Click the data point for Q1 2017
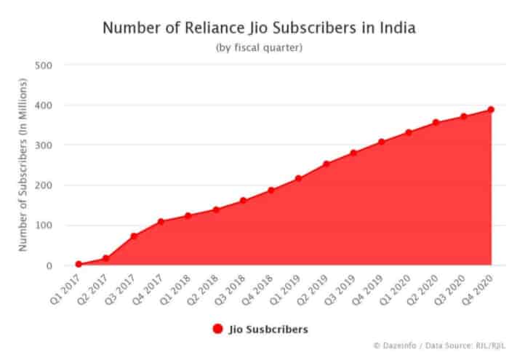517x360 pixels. (x=79, y=264)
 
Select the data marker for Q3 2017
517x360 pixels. (x=134, y=236)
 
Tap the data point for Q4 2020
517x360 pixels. (x=491, y=110)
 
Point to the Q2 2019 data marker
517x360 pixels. (x=326, y=164)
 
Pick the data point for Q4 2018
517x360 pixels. (x=271, y=191)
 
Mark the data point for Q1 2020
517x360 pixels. (x=409, y=132)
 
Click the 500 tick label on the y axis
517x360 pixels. (x=44, y=65)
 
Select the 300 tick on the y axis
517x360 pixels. (x=44, y=145)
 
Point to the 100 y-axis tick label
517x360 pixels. (x=44, y=225)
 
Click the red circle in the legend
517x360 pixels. (x=217, y=329)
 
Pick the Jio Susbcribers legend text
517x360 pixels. (x=268, y=329)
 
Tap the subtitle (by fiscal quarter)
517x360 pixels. (x=258, y=48)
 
